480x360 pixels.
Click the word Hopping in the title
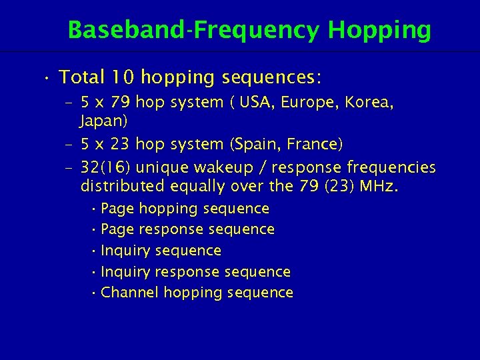coord(379,31)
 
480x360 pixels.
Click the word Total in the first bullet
coord(83,77)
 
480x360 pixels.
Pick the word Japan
coord(103,122)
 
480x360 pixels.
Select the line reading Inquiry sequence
coord(161,251)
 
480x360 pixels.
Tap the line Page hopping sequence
coord(185,209)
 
